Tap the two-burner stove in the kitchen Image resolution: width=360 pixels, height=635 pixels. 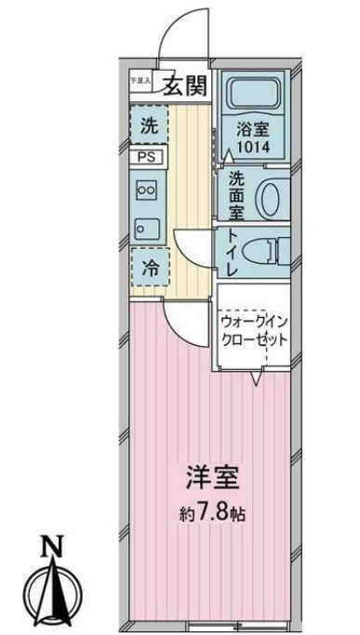coord(147,190)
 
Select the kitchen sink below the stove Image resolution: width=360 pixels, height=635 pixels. coord(147,224)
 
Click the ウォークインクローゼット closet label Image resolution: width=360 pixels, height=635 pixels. coord(254,330)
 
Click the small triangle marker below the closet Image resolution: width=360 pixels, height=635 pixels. coord(258,377)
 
